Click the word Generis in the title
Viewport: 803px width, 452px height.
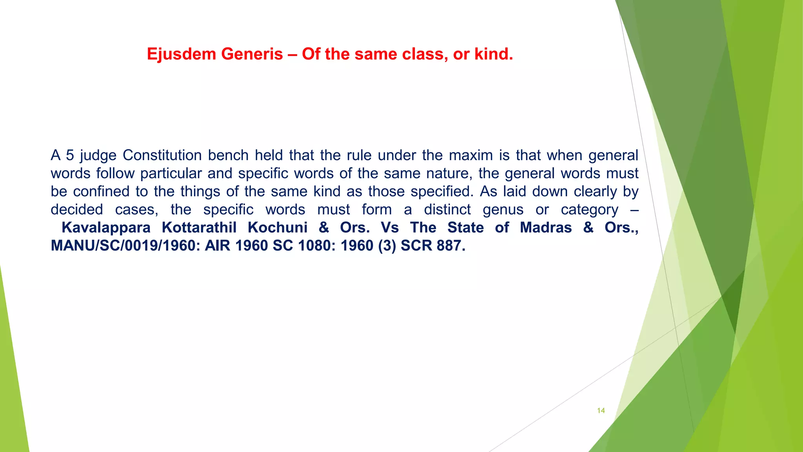(x=252, y=54)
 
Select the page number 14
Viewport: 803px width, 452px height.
(x=601, y=410)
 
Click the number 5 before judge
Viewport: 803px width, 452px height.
(x=70, y=155)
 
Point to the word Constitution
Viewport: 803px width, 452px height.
(x=162, y=155)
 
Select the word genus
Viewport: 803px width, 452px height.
(x=503, y=210)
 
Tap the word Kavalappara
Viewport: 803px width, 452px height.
(x=106, y=228)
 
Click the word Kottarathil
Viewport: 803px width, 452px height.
(x=199, y=228)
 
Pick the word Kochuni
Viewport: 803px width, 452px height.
(x=277, y=228)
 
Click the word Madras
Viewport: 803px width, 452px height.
(x=546, y=228)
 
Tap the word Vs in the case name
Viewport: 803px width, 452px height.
(x=390, y=228)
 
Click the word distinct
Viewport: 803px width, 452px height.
(x=447, y=210)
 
